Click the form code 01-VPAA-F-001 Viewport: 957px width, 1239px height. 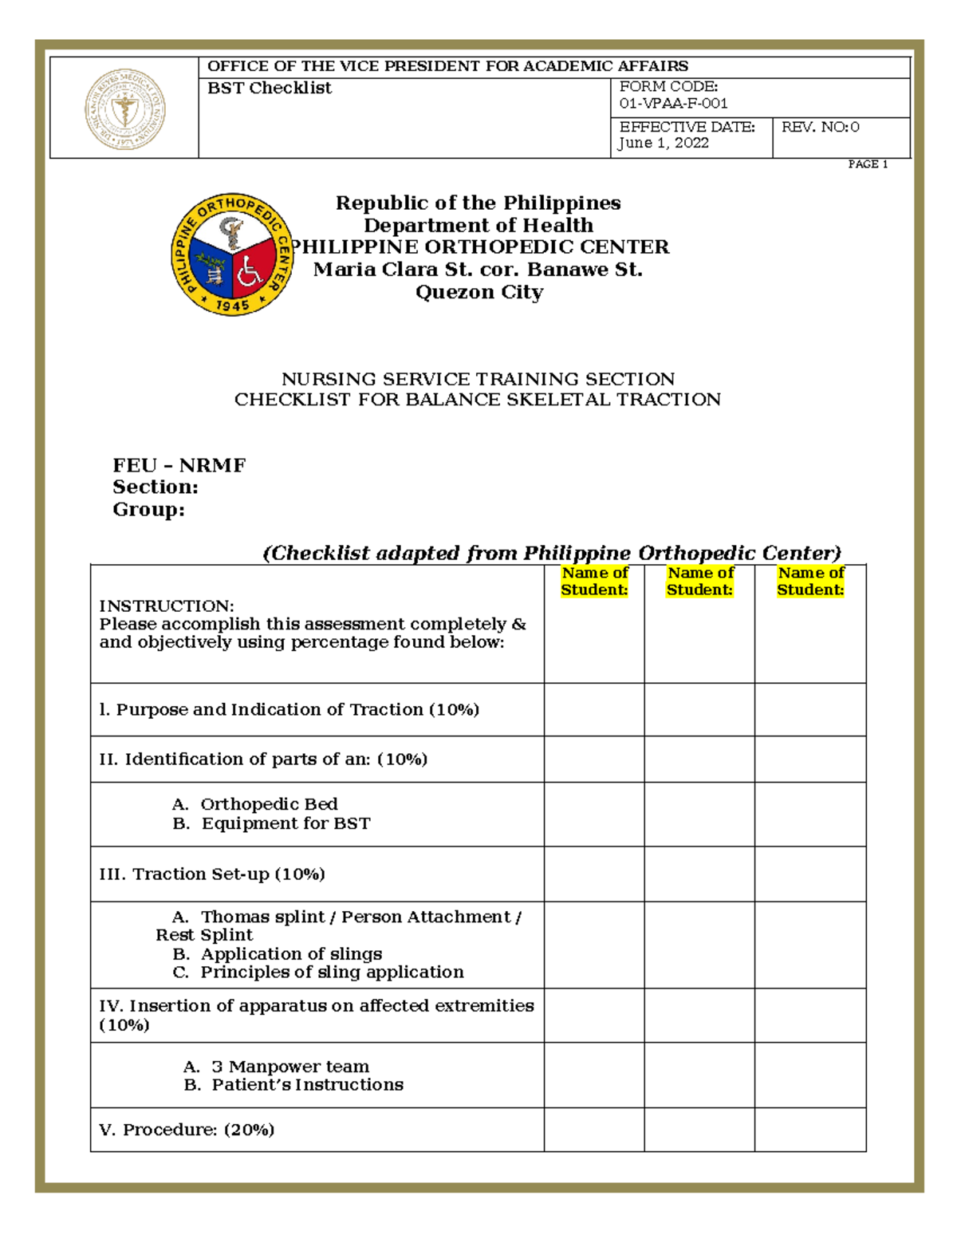coord(673,104)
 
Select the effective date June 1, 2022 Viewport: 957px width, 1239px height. coord(664,144)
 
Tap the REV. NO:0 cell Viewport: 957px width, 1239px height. coord(820,128)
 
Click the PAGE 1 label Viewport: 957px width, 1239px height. coord(868,164)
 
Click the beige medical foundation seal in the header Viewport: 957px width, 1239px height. coord(125,109)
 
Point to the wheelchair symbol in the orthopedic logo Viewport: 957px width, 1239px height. coord(251,272)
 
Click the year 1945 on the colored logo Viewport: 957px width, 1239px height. coord(232,306)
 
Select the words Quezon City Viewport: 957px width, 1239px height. coord(478,293)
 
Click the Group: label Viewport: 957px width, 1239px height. coord(148,510)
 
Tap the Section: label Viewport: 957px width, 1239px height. coord(155,487)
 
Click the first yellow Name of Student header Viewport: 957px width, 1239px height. coord(594,582)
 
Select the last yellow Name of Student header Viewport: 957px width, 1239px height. coord(810,582)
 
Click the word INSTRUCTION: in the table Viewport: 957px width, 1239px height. coord(166,606)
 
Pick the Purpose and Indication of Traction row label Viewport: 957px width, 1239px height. coord(289,710)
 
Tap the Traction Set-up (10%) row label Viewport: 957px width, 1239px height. coord(211,874)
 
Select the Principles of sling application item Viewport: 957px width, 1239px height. coord(331,973)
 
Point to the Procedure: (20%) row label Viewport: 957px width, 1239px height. coord(187,1130)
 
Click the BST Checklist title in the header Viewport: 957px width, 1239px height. coord(270,89)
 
